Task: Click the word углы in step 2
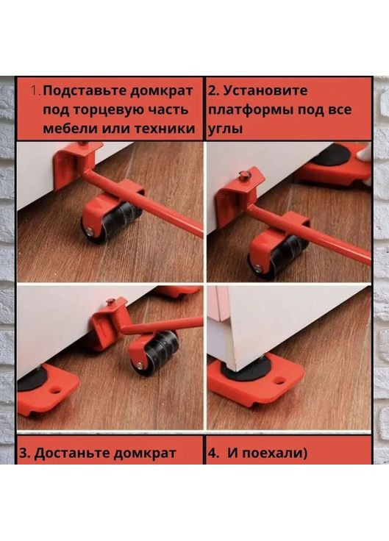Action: [226, 129]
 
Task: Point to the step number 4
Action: [212, 453]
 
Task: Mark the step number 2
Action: [213, 91]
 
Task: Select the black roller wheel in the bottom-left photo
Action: [157, 349]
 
